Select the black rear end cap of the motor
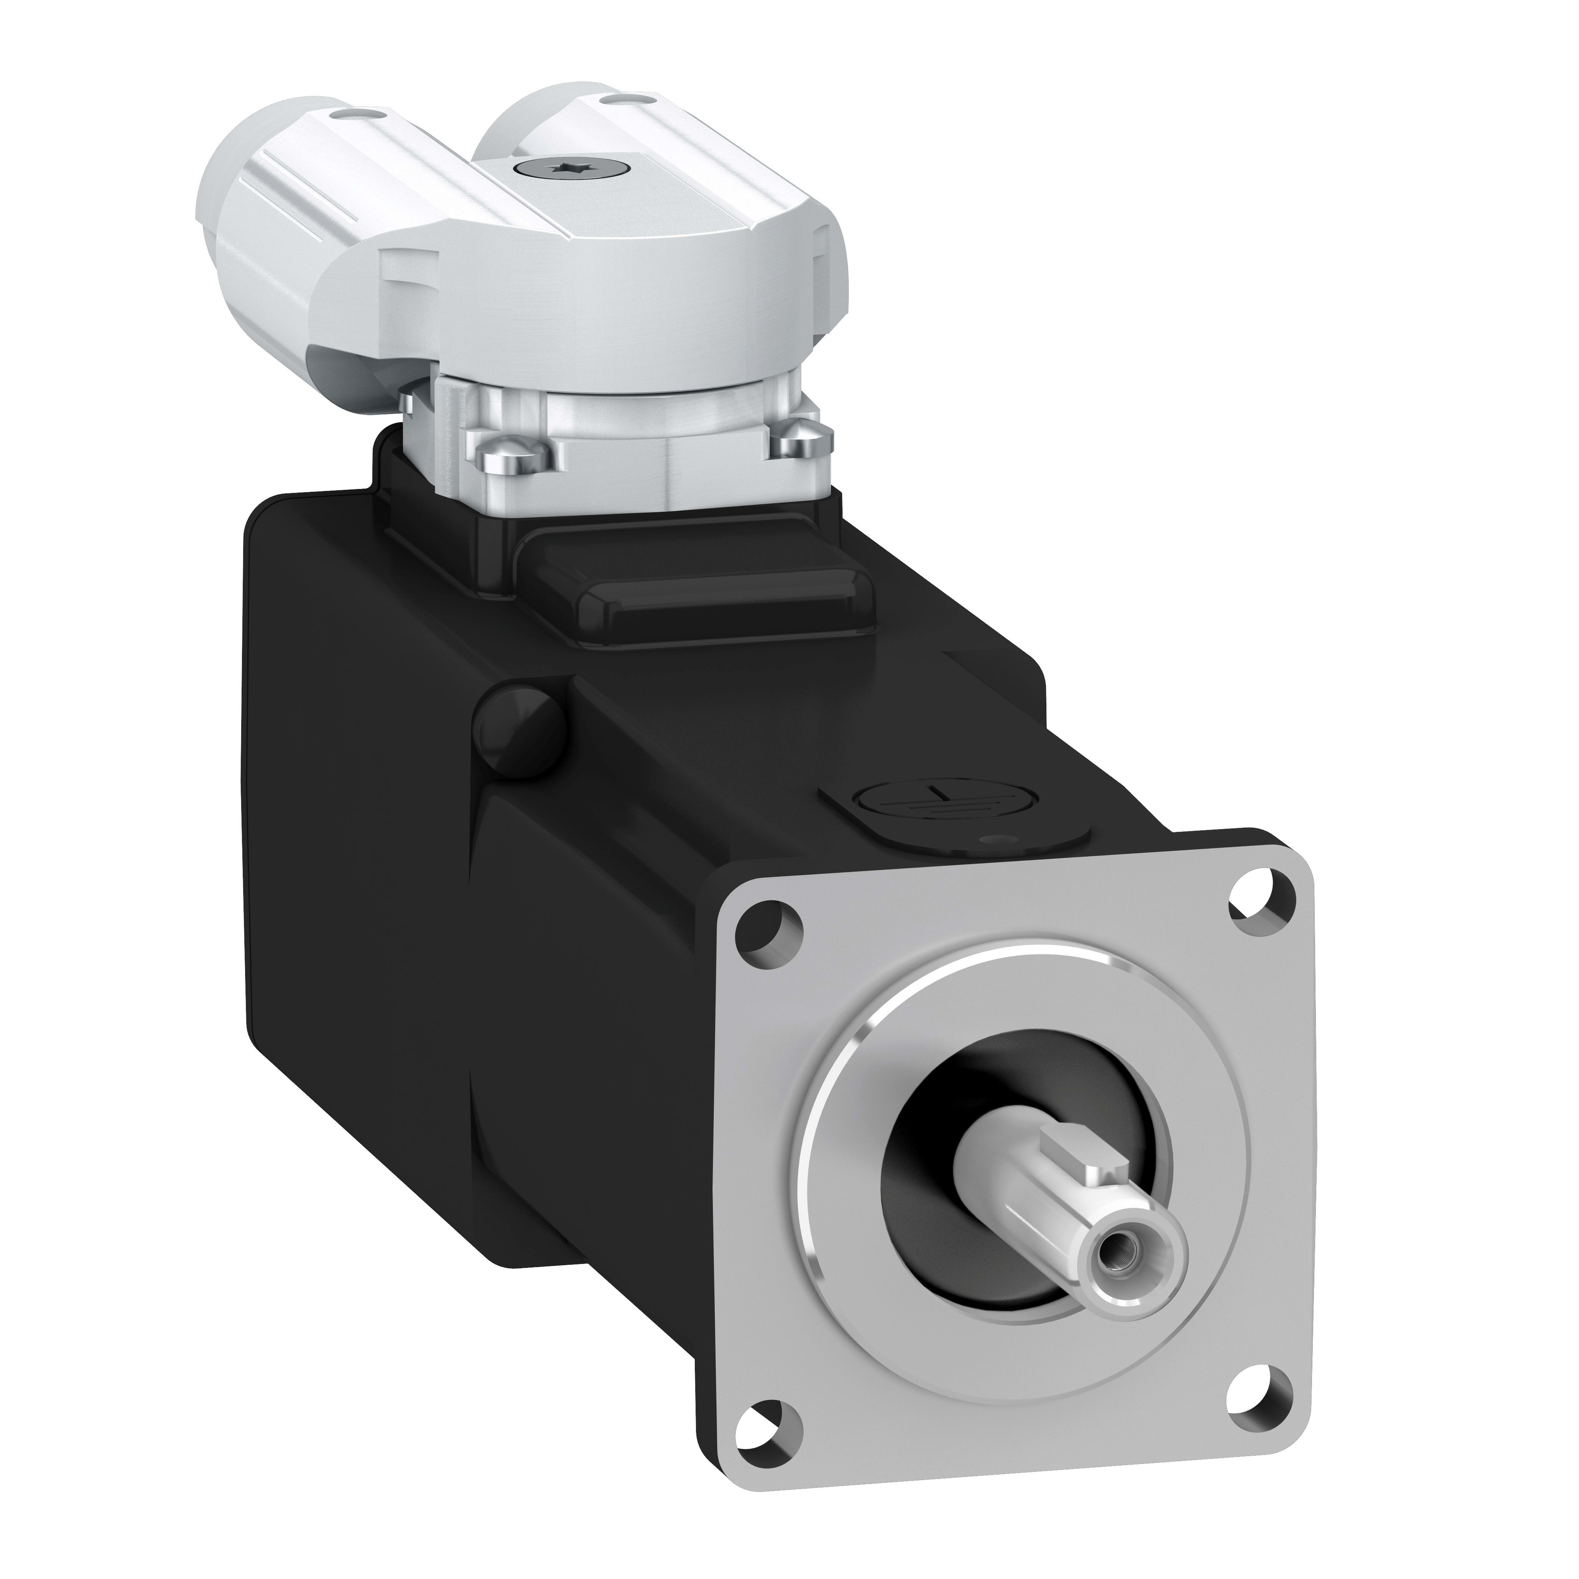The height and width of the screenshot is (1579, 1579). (368, 817)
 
